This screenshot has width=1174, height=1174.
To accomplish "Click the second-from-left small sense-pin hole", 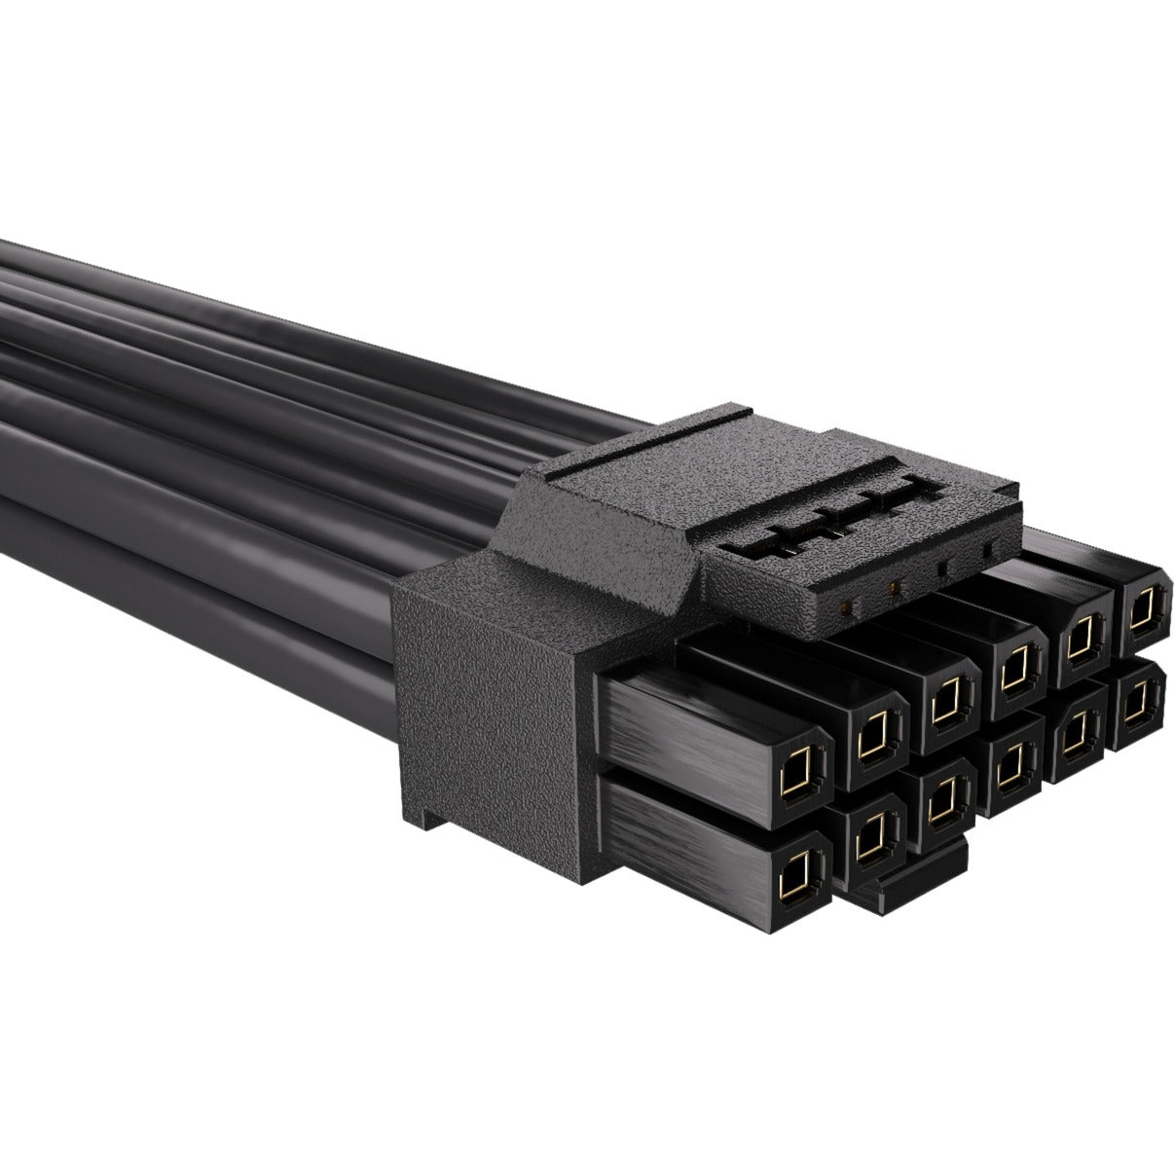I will click(x=897, y=588).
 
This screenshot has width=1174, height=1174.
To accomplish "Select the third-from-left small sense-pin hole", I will click(x=942, y=570).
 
